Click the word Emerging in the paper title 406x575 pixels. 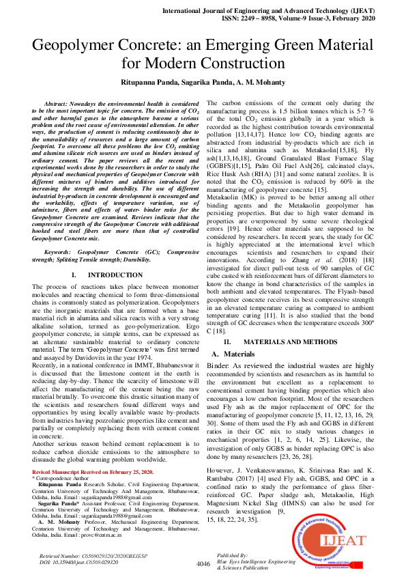[x=211, y=46]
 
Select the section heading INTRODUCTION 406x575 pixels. [x=115, y=275]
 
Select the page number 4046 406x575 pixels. [x=203, y=563]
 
